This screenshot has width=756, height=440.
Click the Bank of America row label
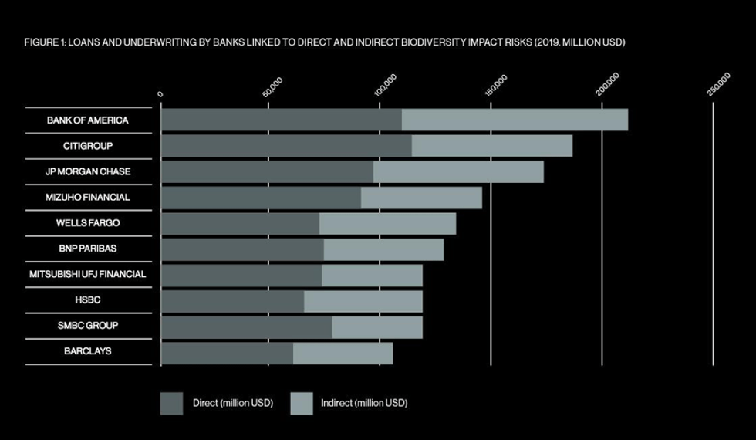(87, 120)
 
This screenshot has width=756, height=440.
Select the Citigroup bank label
(87, 146)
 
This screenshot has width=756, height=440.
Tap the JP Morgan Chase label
(87, 171)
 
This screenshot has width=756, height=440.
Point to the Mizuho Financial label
(87, 197)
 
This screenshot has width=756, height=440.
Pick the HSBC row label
(87, 300)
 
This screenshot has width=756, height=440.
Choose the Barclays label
(87, 350)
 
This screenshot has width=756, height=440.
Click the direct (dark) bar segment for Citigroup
(285, 146)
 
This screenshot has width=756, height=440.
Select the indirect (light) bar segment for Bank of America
(515, 120)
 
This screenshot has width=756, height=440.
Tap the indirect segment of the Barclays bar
(343, 353)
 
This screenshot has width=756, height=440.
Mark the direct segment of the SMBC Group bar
(246, 327)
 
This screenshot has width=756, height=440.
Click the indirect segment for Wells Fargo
(387, 224)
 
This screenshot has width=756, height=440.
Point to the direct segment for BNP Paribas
(242, 249)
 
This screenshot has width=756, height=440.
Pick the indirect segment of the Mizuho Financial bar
(421, 198)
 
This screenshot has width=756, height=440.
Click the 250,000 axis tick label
(718, 84)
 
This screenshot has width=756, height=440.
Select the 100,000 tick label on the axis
(385, 84)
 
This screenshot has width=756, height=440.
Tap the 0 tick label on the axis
(160, 94)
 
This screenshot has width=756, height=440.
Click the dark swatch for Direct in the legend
(171, 403)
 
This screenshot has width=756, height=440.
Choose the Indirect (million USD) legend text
(364, 403)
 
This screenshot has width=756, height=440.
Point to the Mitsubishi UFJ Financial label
(87, 274)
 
